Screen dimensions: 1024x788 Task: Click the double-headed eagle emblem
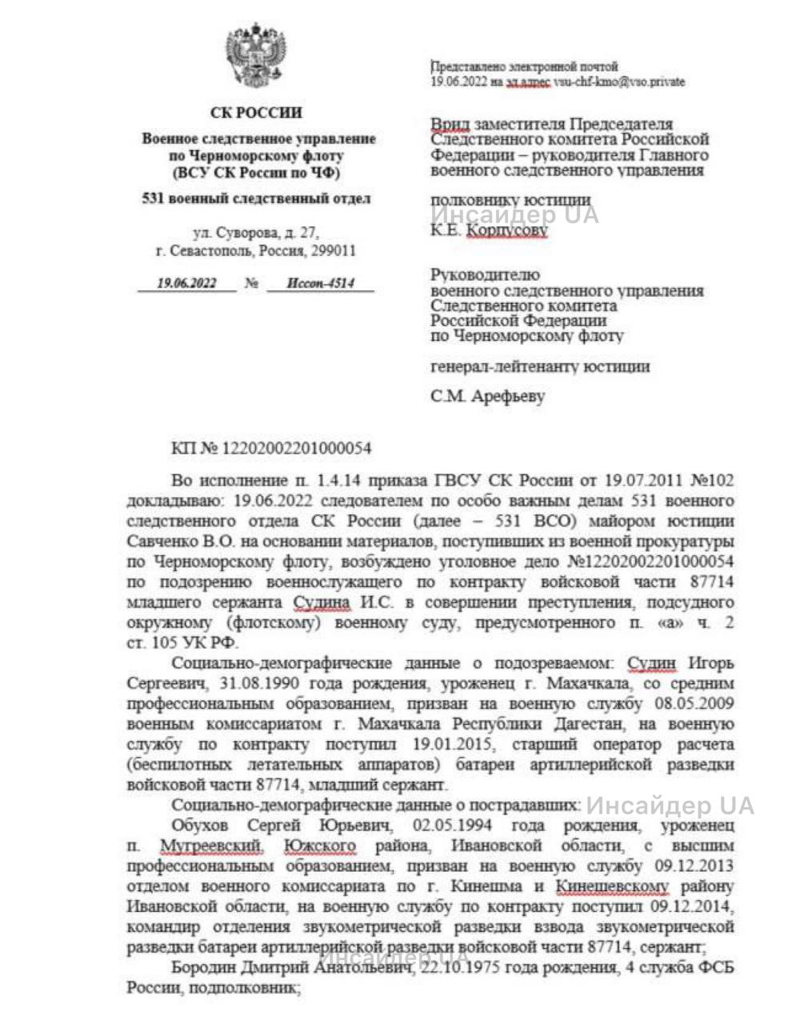(255, 54)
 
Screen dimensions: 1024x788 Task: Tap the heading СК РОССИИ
(256, 113)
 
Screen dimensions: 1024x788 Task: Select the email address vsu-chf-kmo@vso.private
(619, 82)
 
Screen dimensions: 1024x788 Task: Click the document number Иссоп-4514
(320, 283)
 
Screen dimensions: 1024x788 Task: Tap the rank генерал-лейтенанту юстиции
(540, 367)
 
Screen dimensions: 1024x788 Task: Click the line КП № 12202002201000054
(271, 449)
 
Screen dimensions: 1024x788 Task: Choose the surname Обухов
(200, 826)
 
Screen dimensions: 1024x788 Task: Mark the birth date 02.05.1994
(452, 826)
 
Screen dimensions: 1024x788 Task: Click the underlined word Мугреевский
(211, 846)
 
